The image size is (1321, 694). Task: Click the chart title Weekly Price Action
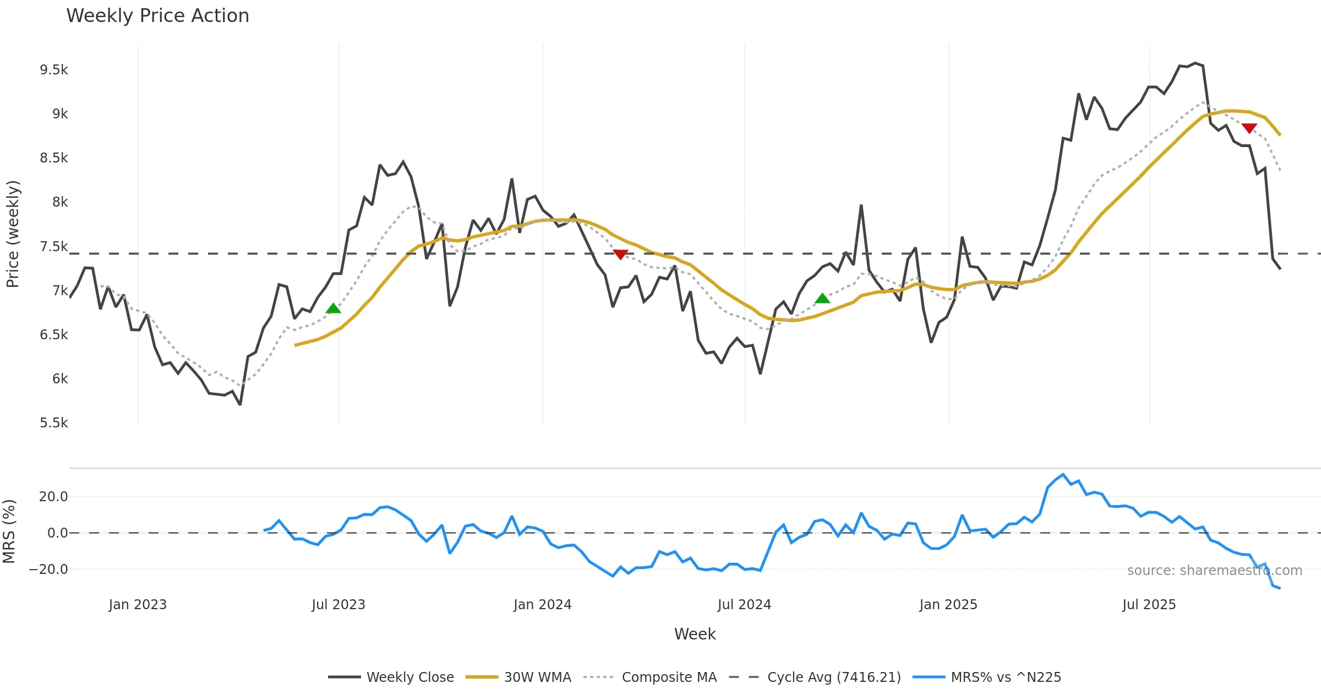point(157,16)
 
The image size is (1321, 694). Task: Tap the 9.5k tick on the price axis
point(54,70)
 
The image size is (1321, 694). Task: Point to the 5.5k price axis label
point(54,423)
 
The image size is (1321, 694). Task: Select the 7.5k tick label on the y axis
point(54,247)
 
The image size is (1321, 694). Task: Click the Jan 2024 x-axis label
point(542,605)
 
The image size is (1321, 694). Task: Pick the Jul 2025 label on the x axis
point(1149,605)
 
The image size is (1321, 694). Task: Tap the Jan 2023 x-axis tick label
point(138,605)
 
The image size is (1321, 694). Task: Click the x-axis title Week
point(695,635)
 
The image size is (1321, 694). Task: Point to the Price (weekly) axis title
point(13,234)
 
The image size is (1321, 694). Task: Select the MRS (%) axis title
point(9,532)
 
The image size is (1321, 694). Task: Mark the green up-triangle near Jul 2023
point(333,308)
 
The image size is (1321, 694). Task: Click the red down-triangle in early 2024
point(620,254)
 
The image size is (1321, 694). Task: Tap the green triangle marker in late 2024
point(822,299)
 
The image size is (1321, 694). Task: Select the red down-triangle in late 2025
point(1249,128)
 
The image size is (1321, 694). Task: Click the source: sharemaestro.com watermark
point(1214,571)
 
